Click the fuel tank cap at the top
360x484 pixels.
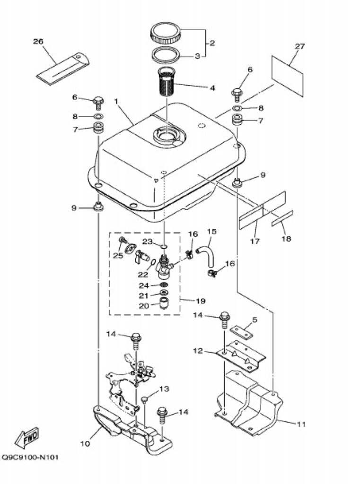[166, 33]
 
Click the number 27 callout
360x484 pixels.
[300, 46]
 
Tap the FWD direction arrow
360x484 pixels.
[27, 438]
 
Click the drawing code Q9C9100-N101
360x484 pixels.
[30, 457]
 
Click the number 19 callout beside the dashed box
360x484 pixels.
[201, 301]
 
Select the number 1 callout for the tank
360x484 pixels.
[116, 101]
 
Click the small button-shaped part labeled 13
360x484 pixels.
[144, 400]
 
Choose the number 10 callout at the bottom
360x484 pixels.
[85, 444]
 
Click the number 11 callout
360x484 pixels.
[301, 424]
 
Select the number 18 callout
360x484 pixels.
[286, 238]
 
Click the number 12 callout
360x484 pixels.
[198, 351]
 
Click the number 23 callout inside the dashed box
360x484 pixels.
[148, 242]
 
